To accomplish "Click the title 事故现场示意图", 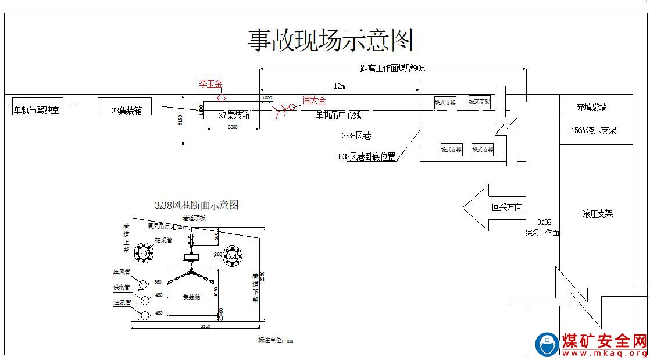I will pos(331,40).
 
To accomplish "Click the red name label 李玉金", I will pos(210,84).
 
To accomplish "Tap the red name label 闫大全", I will pos(315,101).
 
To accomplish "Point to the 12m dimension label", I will pos(340,86).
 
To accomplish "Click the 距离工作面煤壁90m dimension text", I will pos(393,68).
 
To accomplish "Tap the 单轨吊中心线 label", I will pos(338,115).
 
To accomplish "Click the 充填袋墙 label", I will pos(591,107).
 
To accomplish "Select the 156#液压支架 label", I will pos(594,131).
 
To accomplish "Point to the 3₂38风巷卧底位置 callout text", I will pos(366,156).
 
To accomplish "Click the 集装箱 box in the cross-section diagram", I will pos(191,297).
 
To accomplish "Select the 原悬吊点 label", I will pos(159,226).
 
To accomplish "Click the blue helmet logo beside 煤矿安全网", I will pos(547,344).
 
